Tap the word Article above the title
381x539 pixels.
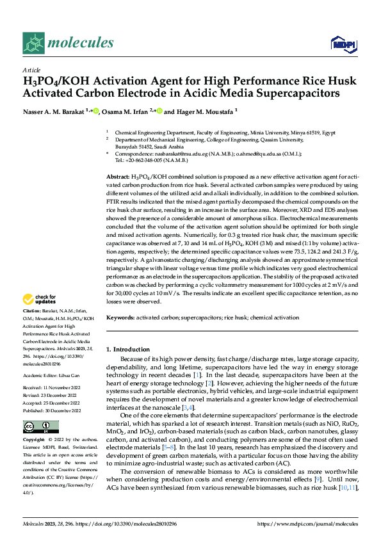pyautogui.click(x=31, y=70)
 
